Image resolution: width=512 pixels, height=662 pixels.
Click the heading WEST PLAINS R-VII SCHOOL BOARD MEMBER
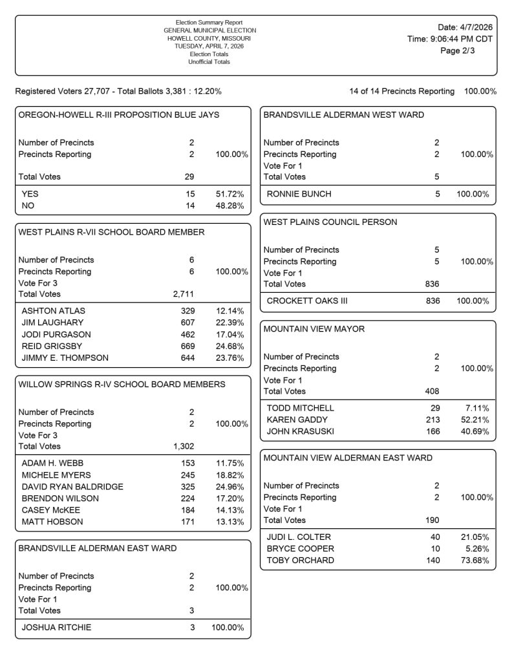[111, 232]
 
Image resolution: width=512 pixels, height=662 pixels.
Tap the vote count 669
[187, 346]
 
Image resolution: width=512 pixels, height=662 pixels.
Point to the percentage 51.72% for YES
[229, 194]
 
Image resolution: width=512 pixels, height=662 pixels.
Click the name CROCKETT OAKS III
[305, 301]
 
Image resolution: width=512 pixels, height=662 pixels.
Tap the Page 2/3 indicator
[457, 51]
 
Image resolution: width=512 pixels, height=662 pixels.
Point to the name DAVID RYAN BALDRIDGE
[72, 487]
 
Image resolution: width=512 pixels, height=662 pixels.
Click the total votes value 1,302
[184, 446]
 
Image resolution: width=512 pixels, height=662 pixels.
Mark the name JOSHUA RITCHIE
[56, 627]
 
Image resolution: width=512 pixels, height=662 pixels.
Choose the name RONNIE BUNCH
[299, 194]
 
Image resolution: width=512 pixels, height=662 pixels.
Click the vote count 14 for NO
[189, 206]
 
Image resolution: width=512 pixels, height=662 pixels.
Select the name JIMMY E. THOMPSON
[65, 358]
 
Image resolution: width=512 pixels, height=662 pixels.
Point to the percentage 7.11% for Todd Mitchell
[476, 408]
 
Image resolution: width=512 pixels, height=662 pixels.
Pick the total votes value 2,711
[183, 294]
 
